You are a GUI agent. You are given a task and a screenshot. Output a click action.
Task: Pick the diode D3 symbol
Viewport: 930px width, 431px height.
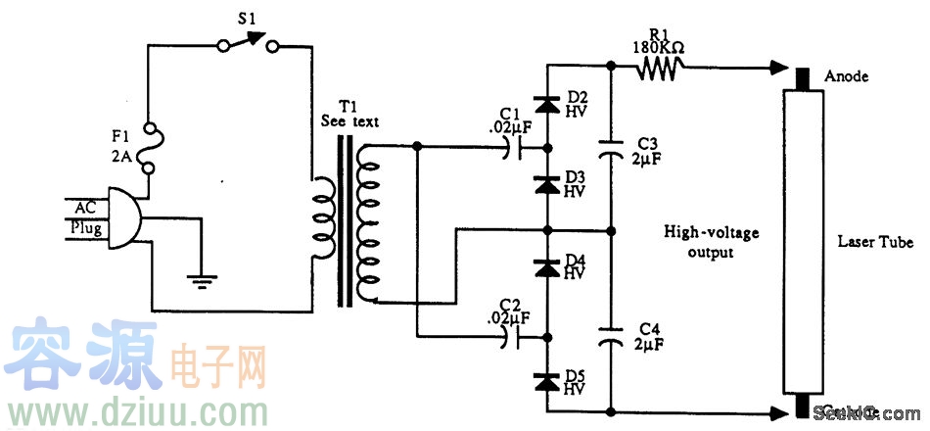coord(548,182)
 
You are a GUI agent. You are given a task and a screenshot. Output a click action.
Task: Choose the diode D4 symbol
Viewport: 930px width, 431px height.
coord(548,266)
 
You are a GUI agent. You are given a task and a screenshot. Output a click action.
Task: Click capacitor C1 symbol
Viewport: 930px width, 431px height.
coord(514,148)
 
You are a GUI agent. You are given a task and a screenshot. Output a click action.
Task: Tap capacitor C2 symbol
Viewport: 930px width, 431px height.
coord(514,336)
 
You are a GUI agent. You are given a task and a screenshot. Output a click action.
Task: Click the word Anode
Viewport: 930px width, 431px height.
coord(847,76)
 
